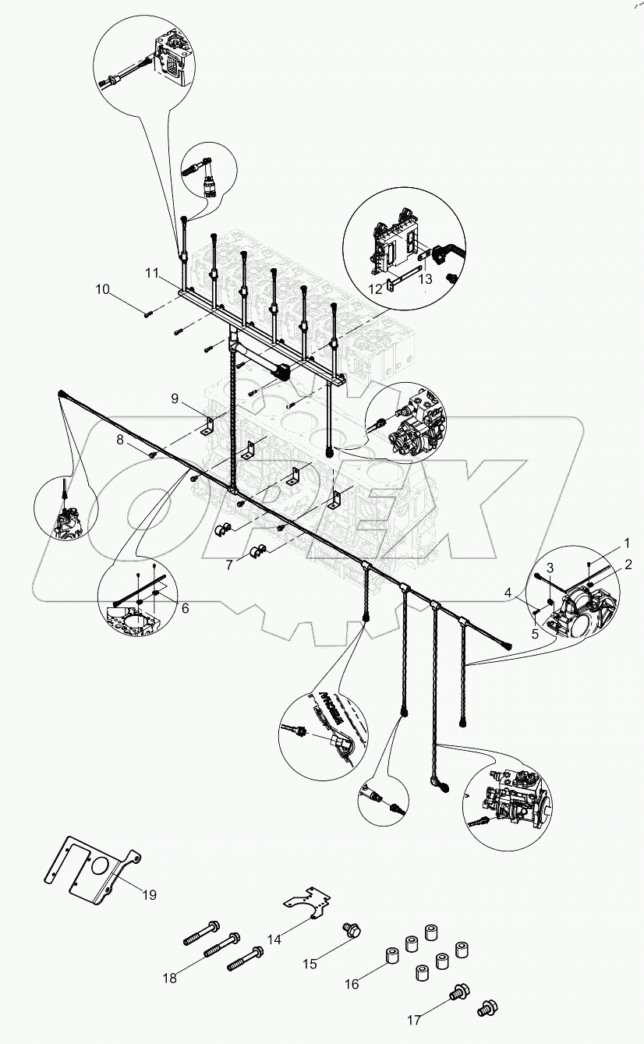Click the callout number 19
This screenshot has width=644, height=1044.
click(148, 895)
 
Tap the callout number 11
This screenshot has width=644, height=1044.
click(151, 273)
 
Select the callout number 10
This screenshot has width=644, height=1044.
click(103, 290)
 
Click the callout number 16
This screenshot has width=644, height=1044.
click(352, 984)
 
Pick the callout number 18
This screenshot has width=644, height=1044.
click(170, 978)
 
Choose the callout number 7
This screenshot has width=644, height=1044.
click(229, 564)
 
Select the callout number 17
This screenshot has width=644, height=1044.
click(413, 1019)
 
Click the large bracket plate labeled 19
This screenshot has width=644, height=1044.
click(90, 869)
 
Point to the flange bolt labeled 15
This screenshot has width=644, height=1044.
click(349, 929)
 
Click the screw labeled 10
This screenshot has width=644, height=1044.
click(148, 313)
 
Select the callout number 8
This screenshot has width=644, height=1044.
click(119, 440)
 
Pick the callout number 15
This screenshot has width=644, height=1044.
click(310, 964)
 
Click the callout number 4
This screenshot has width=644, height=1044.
click(509, 593)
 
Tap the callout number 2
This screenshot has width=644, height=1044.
click(628, 563)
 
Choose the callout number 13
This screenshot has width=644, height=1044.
click(423, 278)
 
